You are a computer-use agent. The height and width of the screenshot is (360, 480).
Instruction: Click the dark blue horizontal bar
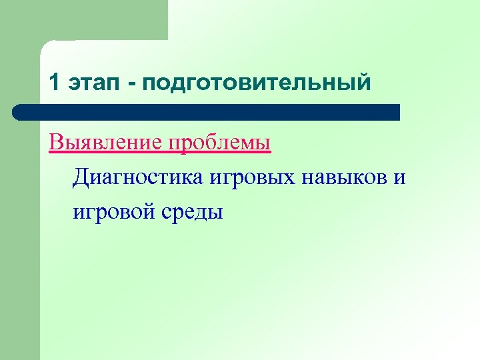[x=207, y=112]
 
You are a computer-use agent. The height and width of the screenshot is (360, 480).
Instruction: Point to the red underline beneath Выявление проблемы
[x=160, y=154]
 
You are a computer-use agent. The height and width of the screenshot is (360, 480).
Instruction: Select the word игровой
[x=114, y=213]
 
